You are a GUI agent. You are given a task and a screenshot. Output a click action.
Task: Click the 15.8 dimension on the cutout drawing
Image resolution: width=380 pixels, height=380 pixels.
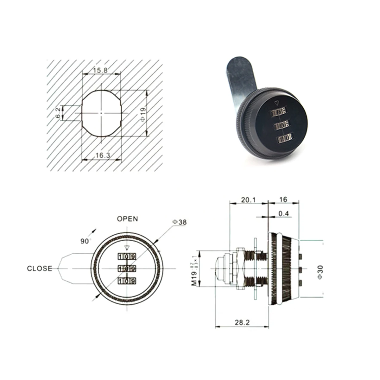[x=100, y=70]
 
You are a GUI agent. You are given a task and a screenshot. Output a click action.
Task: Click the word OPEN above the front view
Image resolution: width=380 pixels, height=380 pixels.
[x=127, y=219]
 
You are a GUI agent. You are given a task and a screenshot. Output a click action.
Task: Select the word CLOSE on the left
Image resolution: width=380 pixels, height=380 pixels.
[x=40, y=269]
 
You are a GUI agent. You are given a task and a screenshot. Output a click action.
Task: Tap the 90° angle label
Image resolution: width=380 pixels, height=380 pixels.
[x=84, y=241]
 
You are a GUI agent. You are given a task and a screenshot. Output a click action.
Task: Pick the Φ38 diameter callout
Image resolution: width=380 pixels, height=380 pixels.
[x=179, y=222]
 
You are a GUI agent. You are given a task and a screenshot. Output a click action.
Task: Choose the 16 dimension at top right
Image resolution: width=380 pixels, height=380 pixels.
[x=283, y=199]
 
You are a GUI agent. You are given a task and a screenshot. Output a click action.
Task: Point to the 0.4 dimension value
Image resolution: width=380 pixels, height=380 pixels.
[x=283, y=214]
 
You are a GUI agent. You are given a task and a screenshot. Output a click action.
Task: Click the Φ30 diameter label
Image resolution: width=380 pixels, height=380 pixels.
[x=320, y=272]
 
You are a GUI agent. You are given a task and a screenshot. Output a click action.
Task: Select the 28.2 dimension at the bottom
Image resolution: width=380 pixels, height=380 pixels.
[x=242, y=322]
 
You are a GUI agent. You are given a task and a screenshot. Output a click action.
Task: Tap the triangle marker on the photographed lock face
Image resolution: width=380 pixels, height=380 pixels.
[x=277, y=103]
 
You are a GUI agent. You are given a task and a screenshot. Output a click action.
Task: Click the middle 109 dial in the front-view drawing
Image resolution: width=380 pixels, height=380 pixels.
[x=127, y=269]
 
